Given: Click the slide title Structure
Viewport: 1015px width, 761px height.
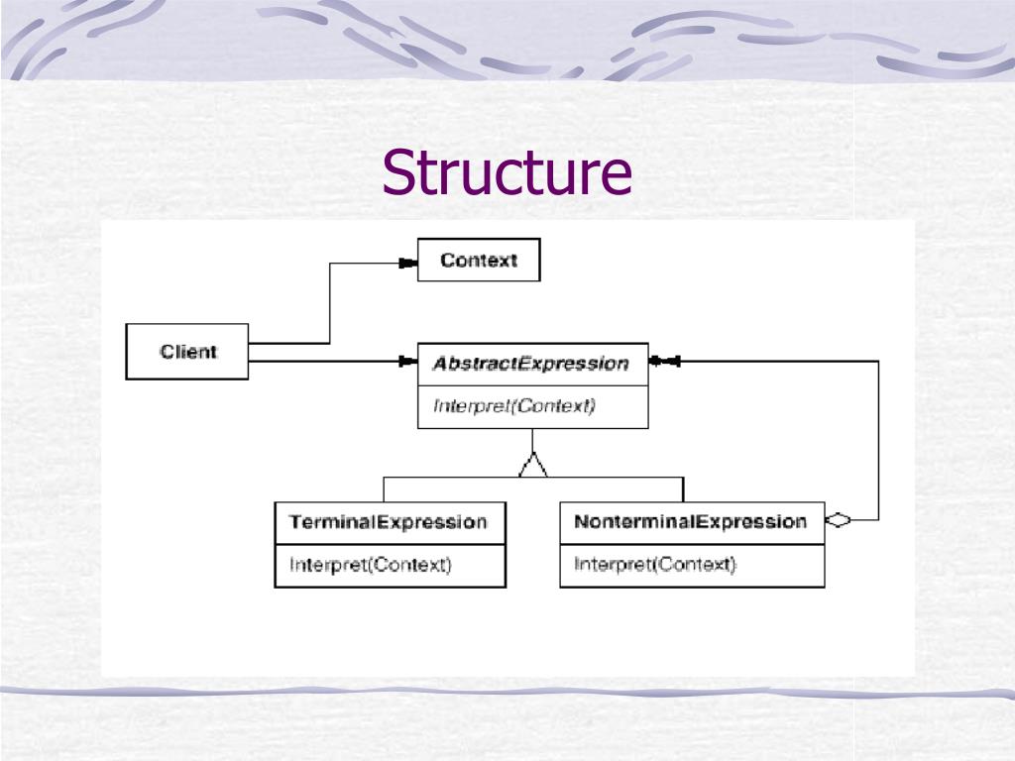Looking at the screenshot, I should point(507,172).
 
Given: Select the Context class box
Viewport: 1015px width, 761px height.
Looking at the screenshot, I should point(479,260).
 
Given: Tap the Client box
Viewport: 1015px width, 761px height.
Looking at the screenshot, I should point(186,352).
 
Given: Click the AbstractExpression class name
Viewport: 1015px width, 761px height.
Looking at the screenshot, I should point(531,364).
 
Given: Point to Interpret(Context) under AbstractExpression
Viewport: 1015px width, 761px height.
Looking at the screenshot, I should point(514,405).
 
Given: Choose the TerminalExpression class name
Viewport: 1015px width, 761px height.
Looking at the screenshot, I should point(389,522).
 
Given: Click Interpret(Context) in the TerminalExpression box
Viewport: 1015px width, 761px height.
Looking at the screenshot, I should point(371,566).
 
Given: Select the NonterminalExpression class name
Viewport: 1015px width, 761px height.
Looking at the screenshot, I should point(691,522).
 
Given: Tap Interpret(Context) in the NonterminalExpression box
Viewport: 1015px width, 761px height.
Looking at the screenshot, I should point(655,566).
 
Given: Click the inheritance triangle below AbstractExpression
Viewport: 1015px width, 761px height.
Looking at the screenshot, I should point(533,464).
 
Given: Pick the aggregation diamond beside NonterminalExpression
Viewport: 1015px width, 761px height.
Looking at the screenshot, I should point(839,520).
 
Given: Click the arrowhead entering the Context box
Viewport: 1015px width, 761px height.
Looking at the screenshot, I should point(405,263).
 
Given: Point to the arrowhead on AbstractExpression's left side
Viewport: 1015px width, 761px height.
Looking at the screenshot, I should point(406,363).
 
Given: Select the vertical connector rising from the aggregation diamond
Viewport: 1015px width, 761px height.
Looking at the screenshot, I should point(878,441).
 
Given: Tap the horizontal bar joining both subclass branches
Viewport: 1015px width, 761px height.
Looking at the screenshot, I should point(533,478).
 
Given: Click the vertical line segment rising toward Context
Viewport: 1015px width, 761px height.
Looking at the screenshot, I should point(329,302).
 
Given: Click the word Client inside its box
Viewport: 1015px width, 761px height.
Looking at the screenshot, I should point(188,352).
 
